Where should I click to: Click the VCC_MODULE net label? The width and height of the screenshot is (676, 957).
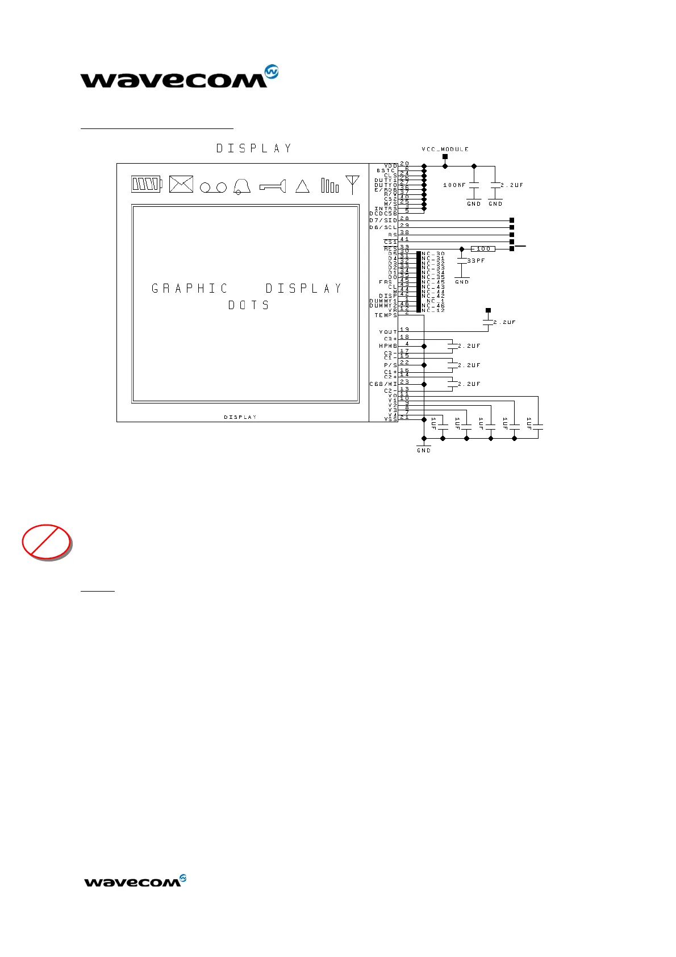click(x=445, y=149)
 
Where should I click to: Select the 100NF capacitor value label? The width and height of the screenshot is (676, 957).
click(x=454, y=185)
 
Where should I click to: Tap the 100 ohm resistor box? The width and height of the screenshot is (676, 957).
click(x=483, y=249)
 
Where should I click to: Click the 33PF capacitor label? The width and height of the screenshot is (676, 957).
click(x=476, y=261)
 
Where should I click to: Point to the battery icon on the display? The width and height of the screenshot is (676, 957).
click(x=147, y=184)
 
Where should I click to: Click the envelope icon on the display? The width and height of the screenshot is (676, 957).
click(x=181, y=184)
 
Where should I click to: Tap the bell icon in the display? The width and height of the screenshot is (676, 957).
click(x=242, y=185)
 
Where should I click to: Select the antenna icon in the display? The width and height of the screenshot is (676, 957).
click(x=352, y=185)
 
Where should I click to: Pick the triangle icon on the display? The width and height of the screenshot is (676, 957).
click(x=302, y=186)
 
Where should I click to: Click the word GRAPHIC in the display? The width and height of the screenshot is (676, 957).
click(x=190, y=289)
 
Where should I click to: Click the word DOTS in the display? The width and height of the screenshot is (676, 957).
click(x=248, y=306)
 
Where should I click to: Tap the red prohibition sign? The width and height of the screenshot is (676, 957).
click(x=47, y=542)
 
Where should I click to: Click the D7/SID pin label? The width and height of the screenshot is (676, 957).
click(x=383, y=220)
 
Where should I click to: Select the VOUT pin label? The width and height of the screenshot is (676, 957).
click(x=388, y=332)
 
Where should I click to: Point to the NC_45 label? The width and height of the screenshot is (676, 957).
click(x=433, y=282)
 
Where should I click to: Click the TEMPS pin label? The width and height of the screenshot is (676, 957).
click(x=386, y=315)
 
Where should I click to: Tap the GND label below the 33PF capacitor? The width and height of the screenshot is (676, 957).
click(x=462, y=282)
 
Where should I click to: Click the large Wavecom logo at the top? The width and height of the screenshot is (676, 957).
click(x=179, y=77)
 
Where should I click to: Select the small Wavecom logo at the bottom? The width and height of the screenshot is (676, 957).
click(x=135, y=881)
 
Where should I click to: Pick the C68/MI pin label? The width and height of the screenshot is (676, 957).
click(x=383, y=384)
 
